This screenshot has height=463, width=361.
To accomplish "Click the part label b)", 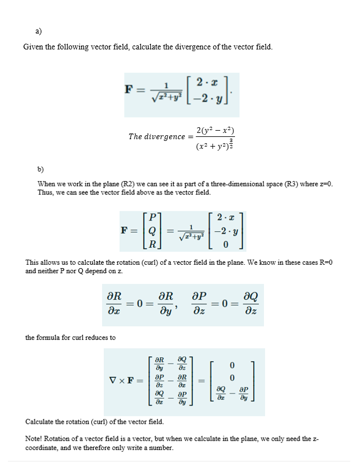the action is coord(40,169).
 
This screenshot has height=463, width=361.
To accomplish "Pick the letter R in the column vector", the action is coord(151,245).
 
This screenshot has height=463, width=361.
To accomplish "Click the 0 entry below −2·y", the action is coord(225,245).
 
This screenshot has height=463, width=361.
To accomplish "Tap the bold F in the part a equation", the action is coord(129,89).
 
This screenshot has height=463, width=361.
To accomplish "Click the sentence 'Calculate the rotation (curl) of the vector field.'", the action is coord(95,422).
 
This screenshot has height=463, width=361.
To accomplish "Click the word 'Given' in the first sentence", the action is coord(33,47).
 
